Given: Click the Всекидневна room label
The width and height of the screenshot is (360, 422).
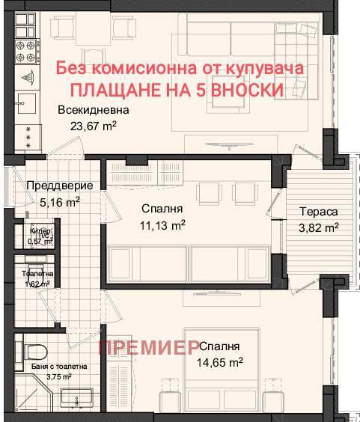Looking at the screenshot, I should [x=88, y=110].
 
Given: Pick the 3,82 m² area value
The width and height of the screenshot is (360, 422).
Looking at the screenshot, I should [x=315, y=227].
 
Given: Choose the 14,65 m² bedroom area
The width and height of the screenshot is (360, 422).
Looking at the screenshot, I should [x=220, y=363].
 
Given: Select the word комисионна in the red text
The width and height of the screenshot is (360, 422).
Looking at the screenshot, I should [x=143, y=67].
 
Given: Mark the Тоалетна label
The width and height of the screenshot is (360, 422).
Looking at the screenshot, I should [x=36, y=275].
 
